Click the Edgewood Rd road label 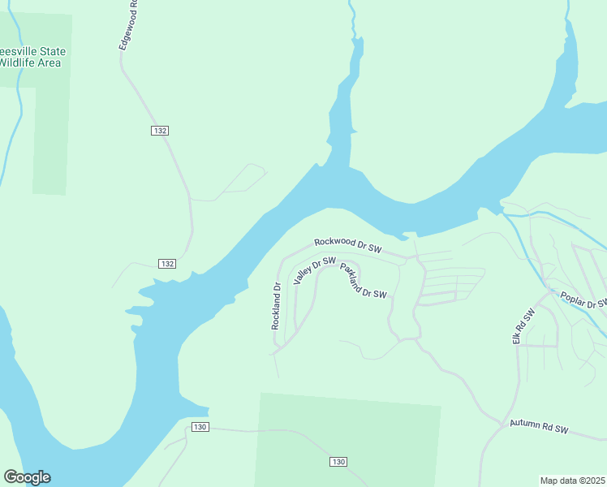tap(127, 25)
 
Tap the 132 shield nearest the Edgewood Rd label tap(160, 131)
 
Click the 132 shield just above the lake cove tap(167, 264)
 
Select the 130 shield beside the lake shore tap(201, 427)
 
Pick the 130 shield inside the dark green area tap(339, 461)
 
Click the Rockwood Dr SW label tap(347, 243)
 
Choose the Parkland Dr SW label tap(363, 281)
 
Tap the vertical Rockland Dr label tap(276, 305)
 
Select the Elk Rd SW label tap(524, 326)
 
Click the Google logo tap(27, 477)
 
